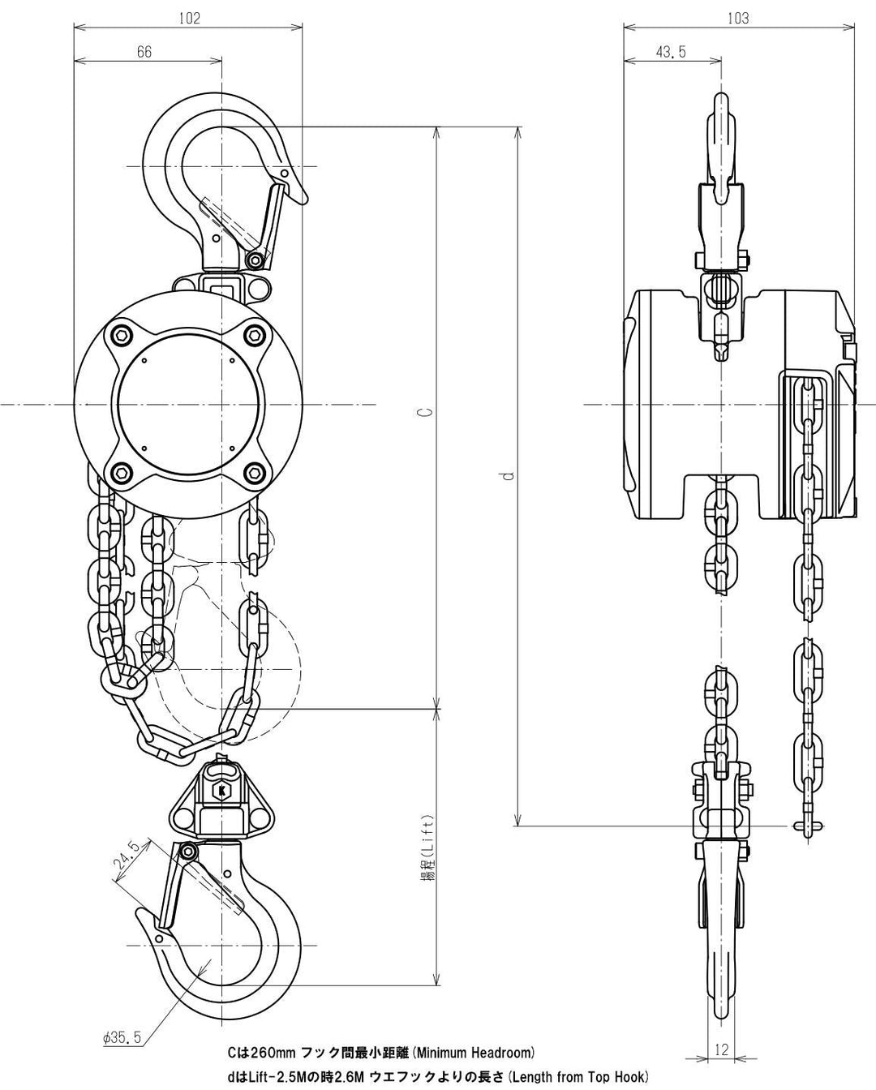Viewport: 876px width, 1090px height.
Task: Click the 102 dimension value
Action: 188,16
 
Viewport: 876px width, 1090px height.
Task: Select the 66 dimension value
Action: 144,51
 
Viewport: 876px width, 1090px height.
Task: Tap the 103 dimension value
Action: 738,16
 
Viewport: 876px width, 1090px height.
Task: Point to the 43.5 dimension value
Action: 670,51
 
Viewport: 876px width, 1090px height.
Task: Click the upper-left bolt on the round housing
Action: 122,335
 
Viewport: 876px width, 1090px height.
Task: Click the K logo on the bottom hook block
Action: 219,789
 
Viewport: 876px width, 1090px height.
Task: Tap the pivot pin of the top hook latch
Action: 256,260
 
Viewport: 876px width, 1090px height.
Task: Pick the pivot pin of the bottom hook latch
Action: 188,851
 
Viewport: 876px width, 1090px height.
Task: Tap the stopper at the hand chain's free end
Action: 808,826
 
